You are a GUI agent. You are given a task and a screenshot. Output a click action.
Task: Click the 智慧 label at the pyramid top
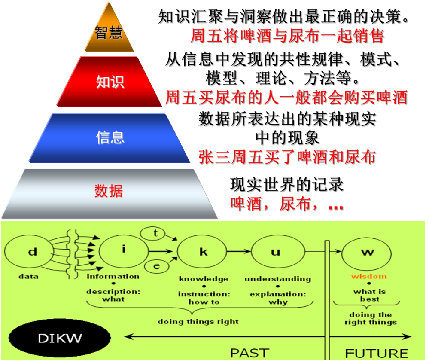[x=109, y=33]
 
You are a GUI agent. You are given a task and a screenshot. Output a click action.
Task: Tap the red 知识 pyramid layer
[x=110, y=82]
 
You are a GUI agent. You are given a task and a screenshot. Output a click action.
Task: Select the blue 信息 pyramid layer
[x=110, y=137]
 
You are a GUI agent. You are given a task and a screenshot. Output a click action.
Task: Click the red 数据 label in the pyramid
[x=109, y=191]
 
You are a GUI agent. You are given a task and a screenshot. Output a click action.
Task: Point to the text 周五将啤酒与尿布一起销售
[x=287, y=36]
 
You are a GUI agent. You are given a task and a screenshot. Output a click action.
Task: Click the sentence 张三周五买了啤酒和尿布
[x=287, y=157]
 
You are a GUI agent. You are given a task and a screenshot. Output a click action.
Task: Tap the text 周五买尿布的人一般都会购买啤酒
[x=286, y=98]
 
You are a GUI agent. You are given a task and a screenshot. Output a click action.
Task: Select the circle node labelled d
[x=33, y=252]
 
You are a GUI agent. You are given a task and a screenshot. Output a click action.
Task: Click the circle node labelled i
[x=124, y=251]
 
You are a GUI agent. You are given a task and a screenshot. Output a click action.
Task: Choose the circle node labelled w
[x=367, y=252]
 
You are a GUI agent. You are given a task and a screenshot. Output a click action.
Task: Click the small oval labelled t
[x=155, y=233]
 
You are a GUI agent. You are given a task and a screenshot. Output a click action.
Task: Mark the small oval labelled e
[x=156, y=266]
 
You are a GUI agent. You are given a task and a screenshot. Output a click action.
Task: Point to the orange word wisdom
[x=369, y=277]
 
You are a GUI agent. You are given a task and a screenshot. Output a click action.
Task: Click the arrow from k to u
[x=239, y=251]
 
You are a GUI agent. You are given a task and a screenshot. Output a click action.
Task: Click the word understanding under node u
[x=277, y=279]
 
